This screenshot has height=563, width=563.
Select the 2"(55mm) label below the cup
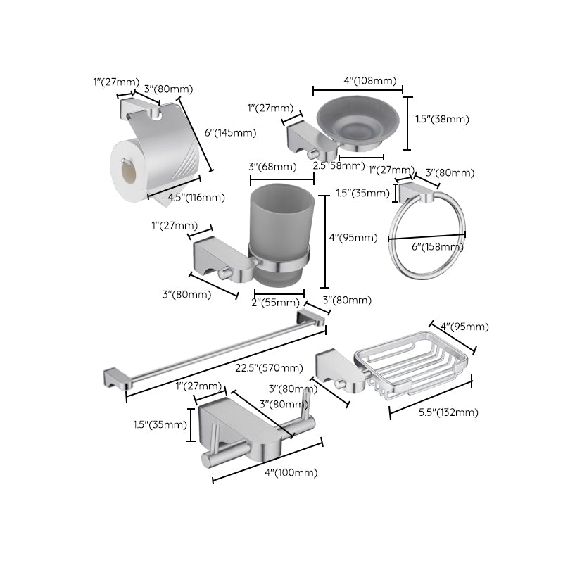click(277, 303)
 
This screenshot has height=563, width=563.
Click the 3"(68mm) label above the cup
click(272, 166)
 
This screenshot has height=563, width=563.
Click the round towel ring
click(427, 236)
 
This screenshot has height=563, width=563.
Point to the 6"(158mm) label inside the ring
click(437, 246)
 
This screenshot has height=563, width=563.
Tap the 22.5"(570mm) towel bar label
click(270, 368)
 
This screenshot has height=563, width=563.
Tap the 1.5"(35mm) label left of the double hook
click(160, 424)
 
